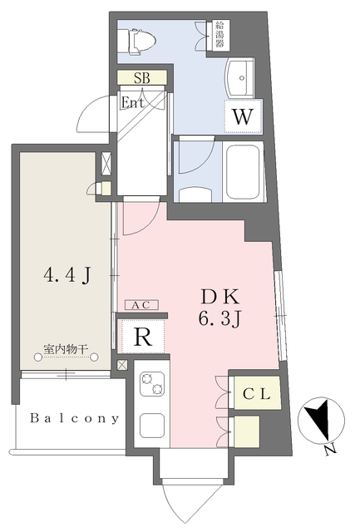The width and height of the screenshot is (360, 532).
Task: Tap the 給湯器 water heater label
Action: [219, 35]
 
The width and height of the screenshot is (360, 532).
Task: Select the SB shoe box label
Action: [142, 77]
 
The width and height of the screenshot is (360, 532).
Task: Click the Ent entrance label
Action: [132, 102]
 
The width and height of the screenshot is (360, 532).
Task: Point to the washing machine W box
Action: [244, 116]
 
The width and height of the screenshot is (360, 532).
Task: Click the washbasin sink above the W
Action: [240, 78]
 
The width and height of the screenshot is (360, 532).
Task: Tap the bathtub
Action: [244, 172]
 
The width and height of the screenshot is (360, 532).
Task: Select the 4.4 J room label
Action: [67, 274]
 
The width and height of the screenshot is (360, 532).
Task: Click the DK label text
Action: [220, 297]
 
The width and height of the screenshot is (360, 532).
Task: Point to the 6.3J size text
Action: [219, 318]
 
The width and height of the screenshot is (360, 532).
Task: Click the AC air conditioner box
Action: [141, 305]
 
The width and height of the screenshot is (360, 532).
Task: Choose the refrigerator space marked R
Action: [143, 336]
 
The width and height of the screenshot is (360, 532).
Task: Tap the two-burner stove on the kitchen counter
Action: [153, 384]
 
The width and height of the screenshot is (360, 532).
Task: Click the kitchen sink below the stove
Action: [152, 425]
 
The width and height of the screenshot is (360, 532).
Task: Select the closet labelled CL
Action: [257, 393]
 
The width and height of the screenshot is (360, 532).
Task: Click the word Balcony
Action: [75, 418]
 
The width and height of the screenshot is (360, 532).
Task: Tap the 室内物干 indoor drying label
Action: [66, 349]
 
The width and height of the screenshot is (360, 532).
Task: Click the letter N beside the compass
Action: [329, 450]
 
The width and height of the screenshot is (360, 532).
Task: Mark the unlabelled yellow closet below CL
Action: [246, 431]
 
